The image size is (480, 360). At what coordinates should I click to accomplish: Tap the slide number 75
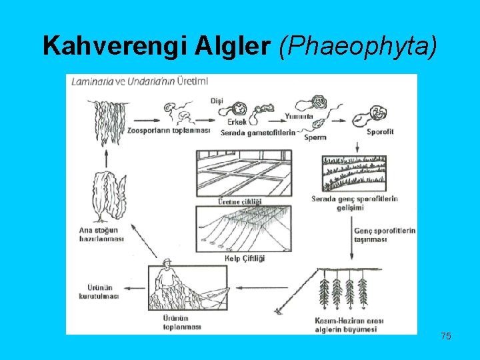click(x=446, y=336)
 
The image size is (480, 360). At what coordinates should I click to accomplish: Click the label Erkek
click(x=237, y=121)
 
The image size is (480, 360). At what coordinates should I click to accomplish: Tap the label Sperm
click(x=314, y=137)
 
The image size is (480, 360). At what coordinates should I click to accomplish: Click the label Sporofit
click(x=380, y=131)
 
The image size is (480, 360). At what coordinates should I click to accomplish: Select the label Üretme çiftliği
click(x=241, y=201)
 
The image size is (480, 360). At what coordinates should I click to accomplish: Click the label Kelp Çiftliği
click(x=246, y=258)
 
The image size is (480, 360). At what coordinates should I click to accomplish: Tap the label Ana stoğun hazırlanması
click(x=101, y=235)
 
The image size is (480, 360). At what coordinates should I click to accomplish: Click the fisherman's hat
click(x=165, y=261)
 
